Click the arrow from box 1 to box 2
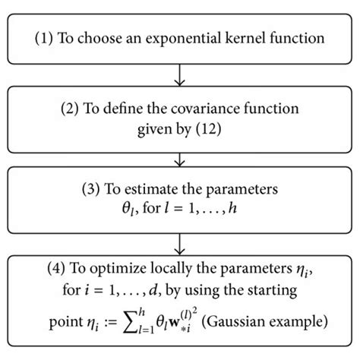pos(180,74)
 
